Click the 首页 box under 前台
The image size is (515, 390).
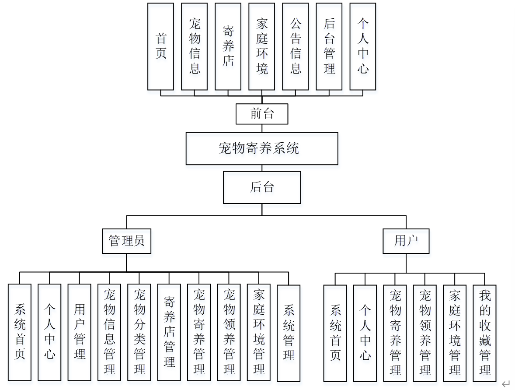tap(160, 46)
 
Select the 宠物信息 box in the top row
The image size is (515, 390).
tap(195, 46)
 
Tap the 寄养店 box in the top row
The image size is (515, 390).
tap(228, 46)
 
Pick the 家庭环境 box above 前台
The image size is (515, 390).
tap(262, 46)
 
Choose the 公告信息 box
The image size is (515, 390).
tap(296, 46)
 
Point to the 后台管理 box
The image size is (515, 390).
tap(329, 46)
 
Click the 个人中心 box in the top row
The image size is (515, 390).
tap(363, 46)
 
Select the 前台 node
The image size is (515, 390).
tap(262, 114)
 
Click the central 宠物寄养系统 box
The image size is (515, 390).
tap(262, 149)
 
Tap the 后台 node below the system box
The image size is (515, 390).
tap(262, 187)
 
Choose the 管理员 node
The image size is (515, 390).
tap(126, 241)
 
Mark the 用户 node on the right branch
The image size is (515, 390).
tap(406, 241)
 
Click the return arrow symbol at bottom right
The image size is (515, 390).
tap(505, 384)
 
